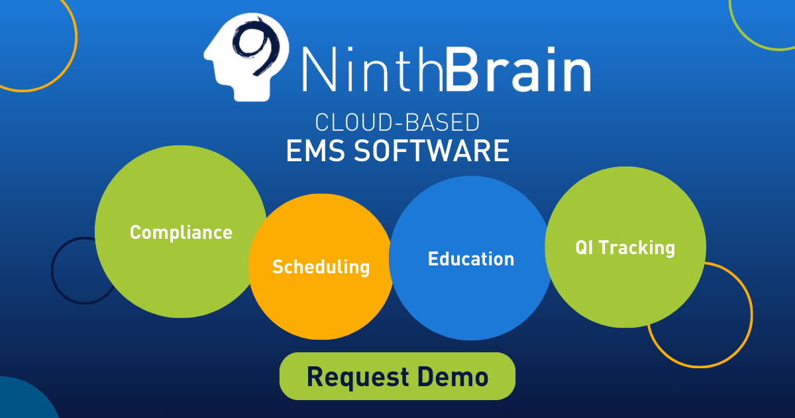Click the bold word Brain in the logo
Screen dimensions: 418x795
pos(519,67)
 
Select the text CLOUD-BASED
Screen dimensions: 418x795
pos(397,123)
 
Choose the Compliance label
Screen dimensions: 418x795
pos(181,232)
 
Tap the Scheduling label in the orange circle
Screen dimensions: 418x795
pos(321,267)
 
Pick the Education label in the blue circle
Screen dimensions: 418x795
pos(470,259)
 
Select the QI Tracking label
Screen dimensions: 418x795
pos(625,247)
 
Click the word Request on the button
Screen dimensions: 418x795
pos(358,377)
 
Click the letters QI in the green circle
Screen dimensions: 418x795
pos(584,247)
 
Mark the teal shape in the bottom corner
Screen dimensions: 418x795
pos(23,401)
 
